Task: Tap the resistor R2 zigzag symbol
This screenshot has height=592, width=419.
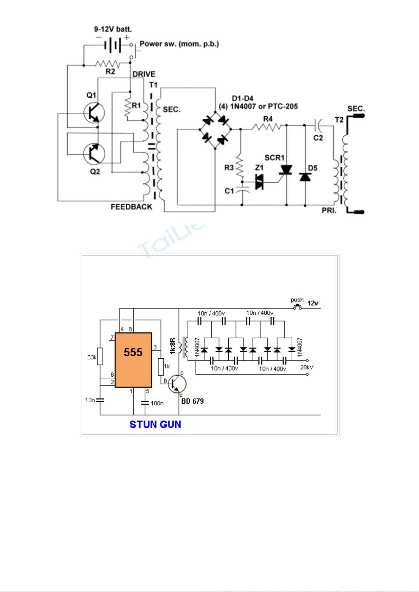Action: pyautogui.click(x=108, y=64)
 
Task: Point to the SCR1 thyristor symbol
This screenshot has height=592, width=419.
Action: pyautogui.click(x=286, y=170)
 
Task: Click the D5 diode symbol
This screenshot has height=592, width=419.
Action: pyautogui.click(x=305, y=177)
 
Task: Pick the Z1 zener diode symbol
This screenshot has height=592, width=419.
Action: pyautogui.click(x=260, y=182)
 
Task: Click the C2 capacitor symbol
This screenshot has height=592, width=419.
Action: pyautogui.click(x=317, y=124)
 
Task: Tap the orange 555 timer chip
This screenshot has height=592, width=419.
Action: pyautogui.click(x=133, y=360)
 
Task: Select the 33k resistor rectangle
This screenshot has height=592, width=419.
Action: pyautogui.click(x=100, y=356)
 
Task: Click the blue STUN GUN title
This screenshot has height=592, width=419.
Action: pyautogui.click(x=155, y=424)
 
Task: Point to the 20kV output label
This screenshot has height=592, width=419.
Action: pyautogui.click(x=307, y=367)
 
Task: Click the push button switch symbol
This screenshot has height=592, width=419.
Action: pyautogui.click(x=298, y=307)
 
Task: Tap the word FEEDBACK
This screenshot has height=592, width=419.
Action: pyautogui.click(x=131, y=207)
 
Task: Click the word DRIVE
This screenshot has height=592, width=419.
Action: pyautogui.click(x=144, y=74)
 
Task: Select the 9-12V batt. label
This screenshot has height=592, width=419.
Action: pyautogui.click(x=113, y=29)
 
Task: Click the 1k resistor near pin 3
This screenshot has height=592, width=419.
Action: pyautogui.click(x=161, y=367)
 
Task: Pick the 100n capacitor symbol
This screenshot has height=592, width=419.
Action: pyautogui.click(x=145, y=403)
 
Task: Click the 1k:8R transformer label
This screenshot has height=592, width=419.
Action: pyautogui.click(x=173, y=346)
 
